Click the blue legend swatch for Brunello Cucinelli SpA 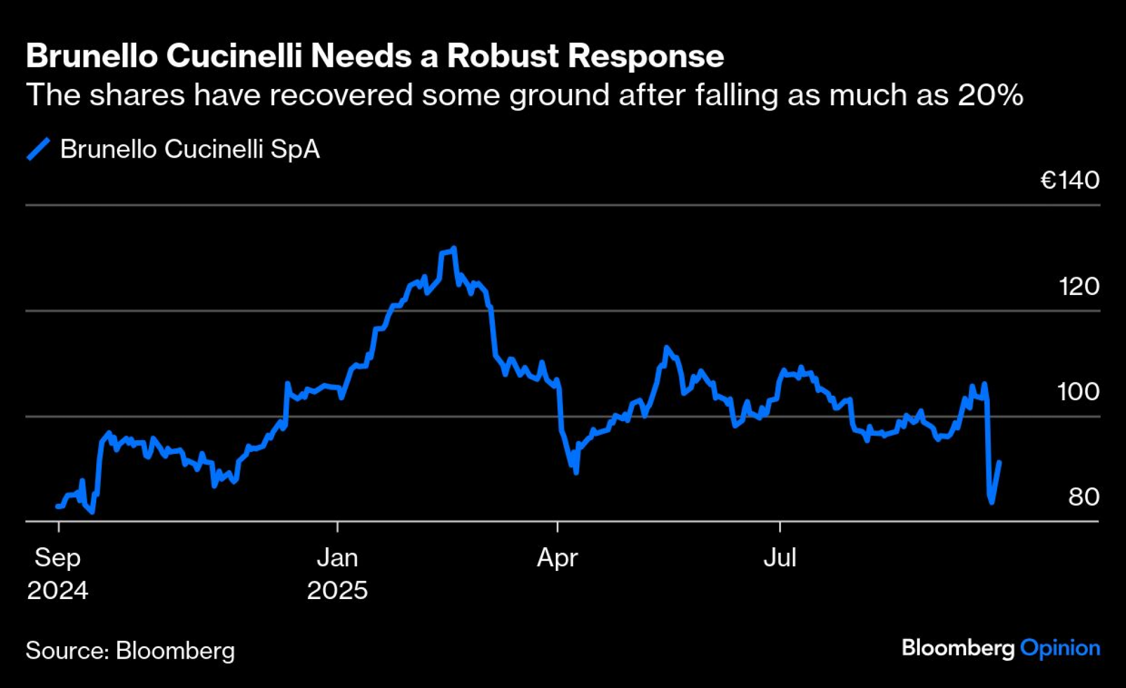point(39,149)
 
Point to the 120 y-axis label point(1079,287)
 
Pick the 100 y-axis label point(1078,392)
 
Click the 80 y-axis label point(1084,497)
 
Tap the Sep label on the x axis point(57,557)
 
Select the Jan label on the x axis point(337,557)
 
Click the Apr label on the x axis point(557,558)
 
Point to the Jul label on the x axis point(780,557)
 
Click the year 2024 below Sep point(57,590)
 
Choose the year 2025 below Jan point(337,590)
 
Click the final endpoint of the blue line point(999,462)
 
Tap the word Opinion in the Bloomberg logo point(1060,648)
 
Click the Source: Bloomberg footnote point(130,650)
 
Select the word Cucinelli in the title point(234,56)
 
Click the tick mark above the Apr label point(557,527)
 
